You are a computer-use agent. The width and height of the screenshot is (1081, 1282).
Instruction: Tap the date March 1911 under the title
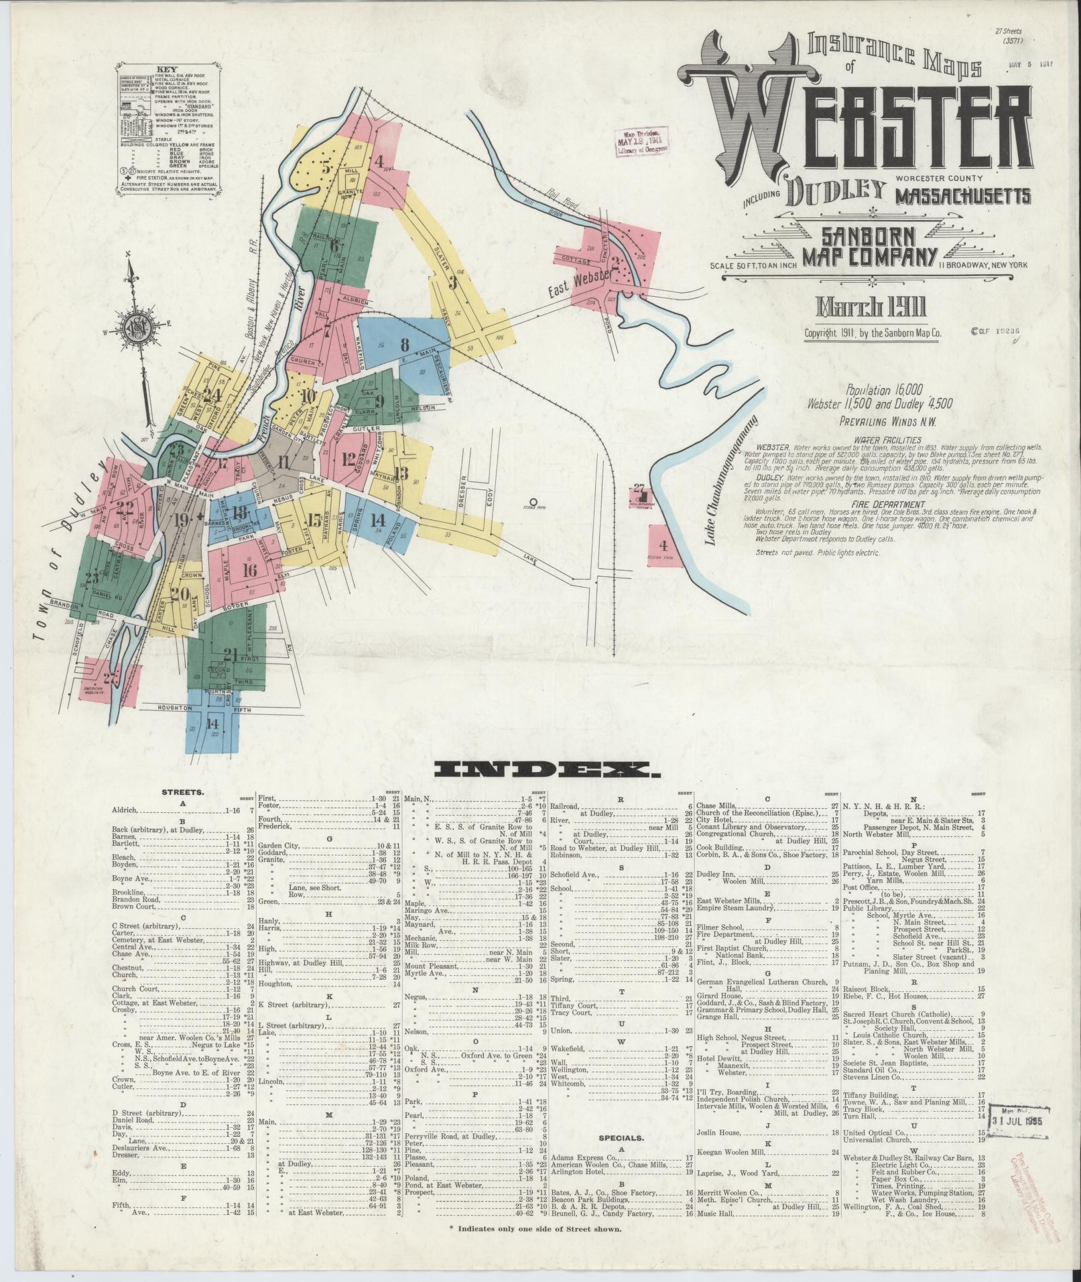coord(871,308)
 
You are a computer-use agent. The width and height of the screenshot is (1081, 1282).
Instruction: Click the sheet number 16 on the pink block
coord(250,571)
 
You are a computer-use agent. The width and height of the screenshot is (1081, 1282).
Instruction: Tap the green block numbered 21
coord(231,653)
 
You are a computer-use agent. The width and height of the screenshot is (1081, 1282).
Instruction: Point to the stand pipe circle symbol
coord(533,501)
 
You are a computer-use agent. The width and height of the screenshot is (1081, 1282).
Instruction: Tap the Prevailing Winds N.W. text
coord(889,422)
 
